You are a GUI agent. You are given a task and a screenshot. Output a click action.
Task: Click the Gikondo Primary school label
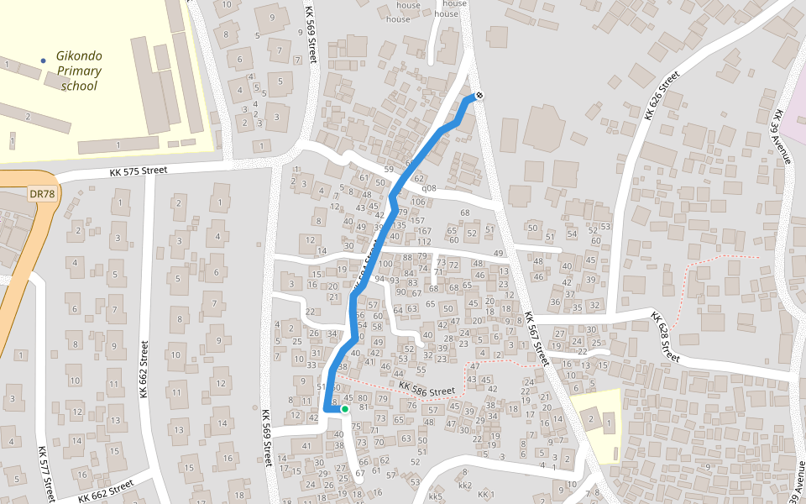coord(79,71)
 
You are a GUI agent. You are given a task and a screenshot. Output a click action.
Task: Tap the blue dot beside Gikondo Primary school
coord(44,60)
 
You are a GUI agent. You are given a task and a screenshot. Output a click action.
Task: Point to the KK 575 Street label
coord(139,171)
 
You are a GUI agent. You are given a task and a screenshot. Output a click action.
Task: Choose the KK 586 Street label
coord(427,390)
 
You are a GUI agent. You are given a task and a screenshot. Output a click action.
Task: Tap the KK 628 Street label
coord(663,337)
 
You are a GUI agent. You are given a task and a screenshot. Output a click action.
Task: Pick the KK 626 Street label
coord(661,96)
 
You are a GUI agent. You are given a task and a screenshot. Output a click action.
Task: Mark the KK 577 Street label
coord(46,473)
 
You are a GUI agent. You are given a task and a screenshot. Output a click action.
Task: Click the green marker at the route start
coord(344,409)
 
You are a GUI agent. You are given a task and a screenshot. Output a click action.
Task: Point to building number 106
coord(418,202)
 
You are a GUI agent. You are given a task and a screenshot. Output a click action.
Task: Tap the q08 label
coord(429,188)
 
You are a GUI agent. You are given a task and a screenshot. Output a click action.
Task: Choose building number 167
coord(424,231)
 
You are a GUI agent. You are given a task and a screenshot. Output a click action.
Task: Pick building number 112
coord(424,242)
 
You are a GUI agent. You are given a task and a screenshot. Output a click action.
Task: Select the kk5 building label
coord(435,496)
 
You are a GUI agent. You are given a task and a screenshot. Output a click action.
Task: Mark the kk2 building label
coord(465,486)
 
